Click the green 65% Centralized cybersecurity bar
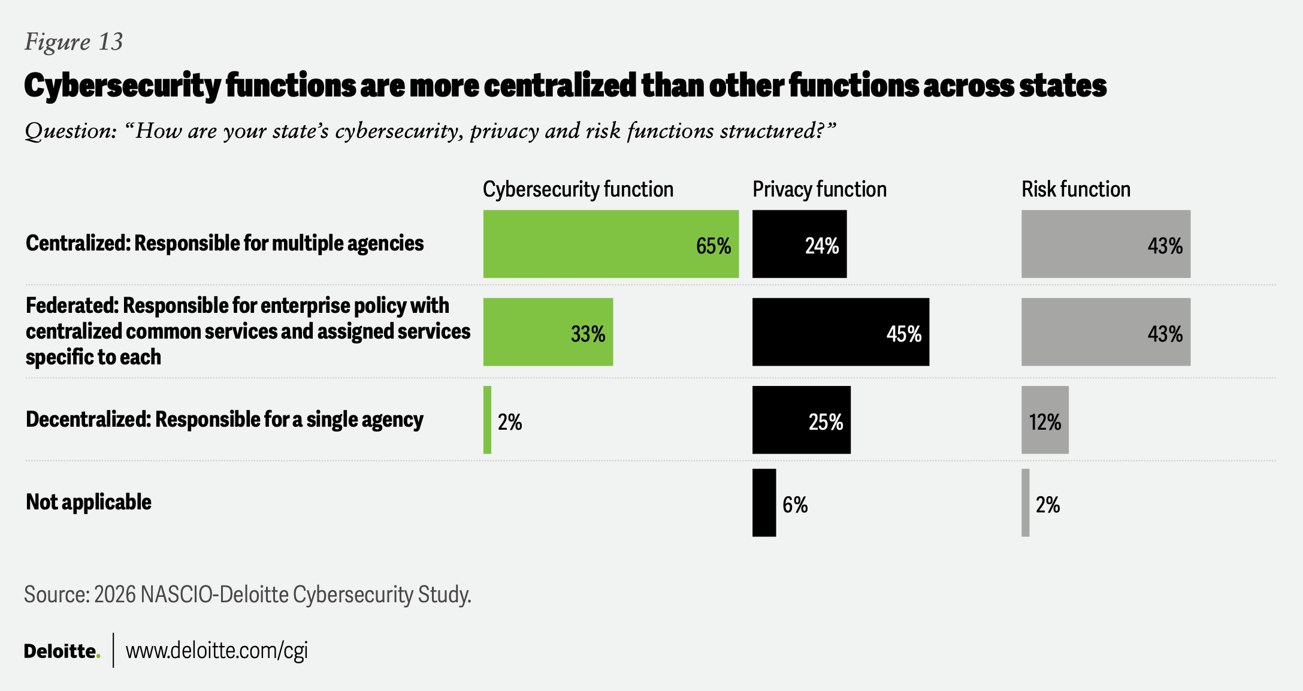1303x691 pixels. (610, 244)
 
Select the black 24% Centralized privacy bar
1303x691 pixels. (799, 244)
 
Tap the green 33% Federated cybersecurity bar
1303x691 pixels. (548, 332)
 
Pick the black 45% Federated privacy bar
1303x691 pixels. (841, 332)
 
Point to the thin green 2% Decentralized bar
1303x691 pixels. (487, 420)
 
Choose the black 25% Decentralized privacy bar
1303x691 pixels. (801, 420)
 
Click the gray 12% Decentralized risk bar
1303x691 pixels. (1045, 420)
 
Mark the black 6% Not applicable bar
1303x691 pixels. (764, 503)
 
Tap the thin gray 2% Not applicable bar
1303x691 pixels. (1026, 503)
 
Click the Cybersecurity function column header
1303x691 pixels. (578, 189)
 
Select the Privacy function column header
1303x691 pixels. (819, 189)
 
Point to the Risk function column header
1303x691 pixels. (1075, 189)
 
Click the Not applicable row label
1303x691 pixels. (89, 502)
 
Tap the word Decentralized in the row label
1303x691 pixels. (87, 420)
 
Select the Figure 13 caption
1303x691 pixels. (74, 42)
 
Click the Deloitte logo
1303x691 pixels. (62, 651)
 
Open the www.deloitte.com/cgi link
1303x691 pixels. (216, 651)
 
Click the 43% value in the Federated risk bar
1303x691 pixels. (1165, 334)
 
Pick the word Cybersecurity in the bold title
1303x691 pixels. (122, 86)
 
